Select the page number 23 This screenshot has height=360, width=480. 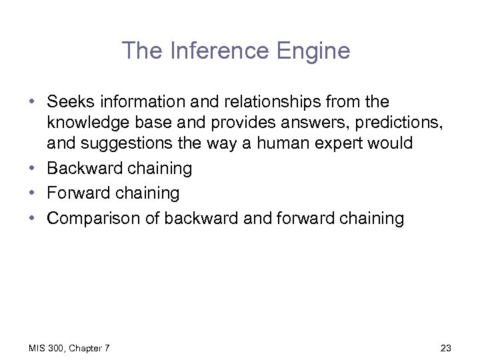click(x=446, y=348)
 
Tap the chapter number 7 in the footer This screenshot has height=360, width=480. click(x=107, y=348)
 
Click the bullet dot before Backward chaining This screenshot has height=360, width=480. click(x=32, y=169)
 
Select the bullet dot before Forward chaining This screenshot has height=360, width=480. click(x=32, y=193)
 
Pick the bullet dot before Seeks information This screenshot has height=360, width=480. click(x=32, y=103)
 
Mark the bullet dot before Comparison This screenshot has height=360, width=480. click(x=32, y=219)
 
